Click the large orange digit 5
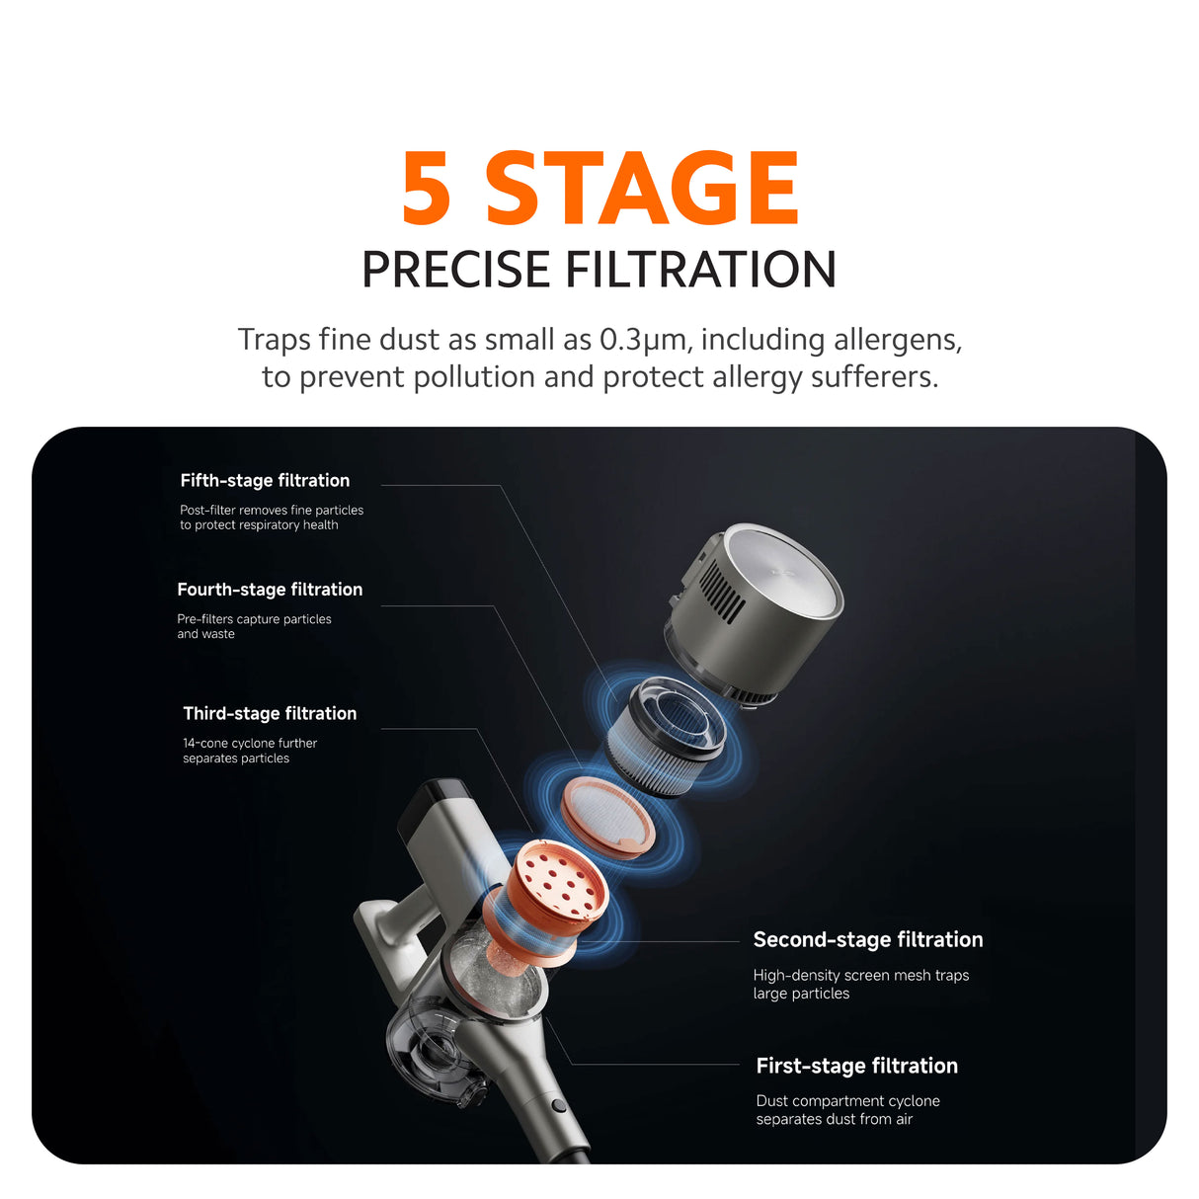coord(427,188)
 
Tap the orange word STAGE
coord(642,188)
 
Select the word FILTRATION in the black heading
coord(700,269)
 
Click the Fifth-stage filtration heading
coord(265,480)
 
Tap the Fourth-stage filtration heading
coord(270,590)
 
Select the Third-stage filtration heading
coord(270,713)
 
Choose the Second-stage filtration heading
coord(868,939)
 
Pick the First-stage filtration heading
coord(857,1066)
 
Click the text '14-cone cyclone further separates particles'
coord(250,751)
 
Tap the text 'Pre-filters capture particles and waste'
coord(254,626)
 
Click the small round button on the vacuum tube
coord(559,1105)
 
